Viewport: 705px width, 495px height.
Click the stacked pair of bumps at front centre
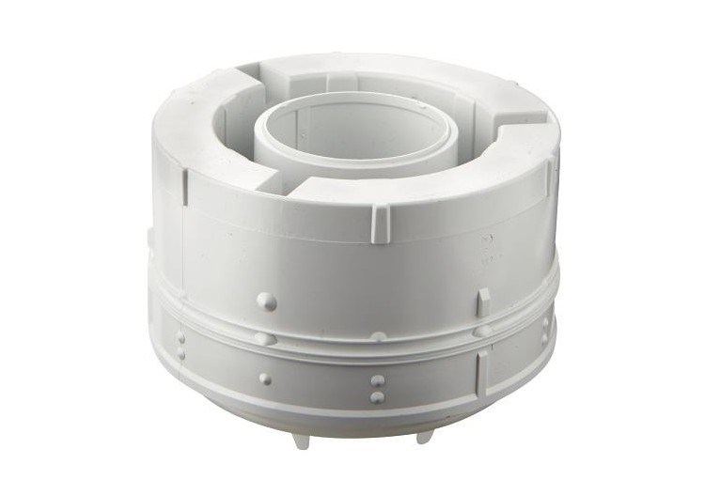pos(377,389)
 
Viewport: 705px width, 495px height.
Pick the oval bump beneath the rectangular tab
pos(482,330)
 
